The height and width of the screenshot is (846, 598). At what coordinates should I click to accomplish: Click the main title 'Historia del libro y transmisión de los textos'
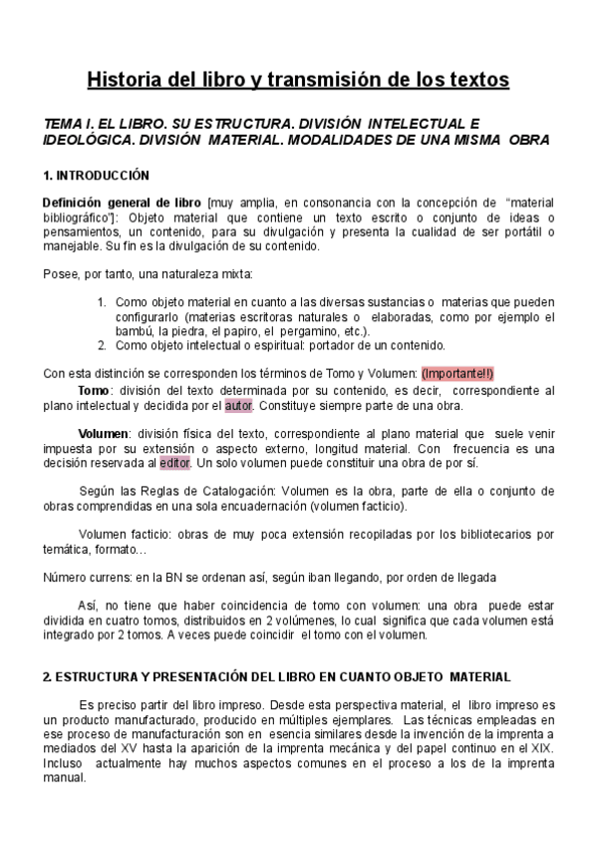[298, 78]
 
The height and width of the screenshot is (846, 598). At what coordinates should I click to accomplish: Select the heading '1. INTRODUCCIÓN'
[96, 176]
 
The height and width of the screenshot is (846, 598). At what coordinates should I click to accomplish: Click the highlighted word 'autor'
[239, 406]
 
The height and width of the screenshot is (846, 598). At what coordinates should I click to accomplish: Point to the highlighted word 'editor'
[174, 464]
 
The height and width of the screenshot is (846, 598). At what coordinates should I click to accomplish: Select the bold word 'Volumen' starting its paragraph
[104, 435]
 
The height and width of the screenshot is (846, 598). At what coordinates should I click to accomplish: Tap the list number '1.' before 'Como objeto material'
[102, 302]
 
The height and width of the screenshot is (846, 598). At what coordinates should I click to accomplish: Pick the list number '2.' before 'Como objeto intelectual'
[102, 346]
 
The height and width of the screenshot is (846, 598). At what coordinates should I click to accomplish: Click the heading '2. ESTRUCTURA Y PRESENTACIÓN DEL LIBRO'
[263, 676]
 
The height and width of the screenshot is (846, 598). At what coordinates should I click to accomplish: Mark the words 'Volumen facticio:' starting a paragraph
[125, 536]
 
